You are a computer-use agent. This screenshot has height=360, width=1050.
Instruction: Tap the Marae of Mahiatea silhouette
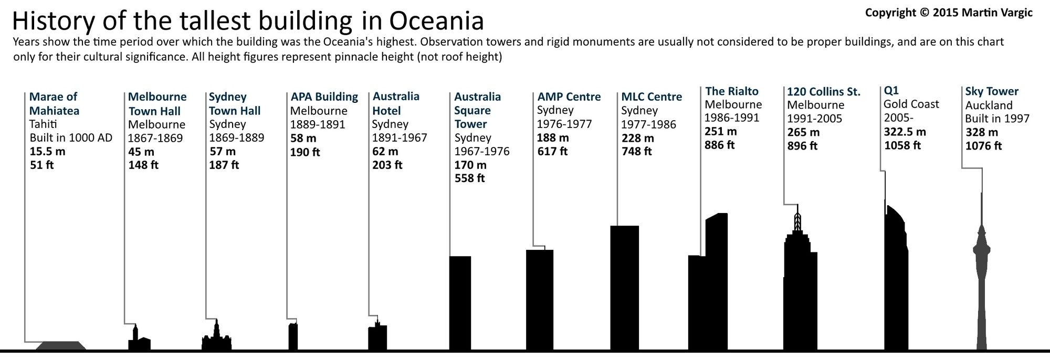pyautogui.click(x=60, y=345)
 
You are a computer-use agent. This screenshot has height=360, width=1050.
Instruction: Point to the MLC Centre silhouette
pyautogui.click(x=624, y=289)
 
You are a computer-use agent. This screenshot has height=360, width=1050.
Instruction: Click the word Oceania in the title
pyautogui.click(x=436, y=21)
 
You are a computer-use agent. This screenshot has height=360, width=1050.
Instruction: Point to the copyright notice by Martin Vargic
pyautogui.click(x=948, y=13)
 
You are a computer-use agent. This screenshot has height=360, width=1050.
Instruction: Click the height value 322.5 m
pyautogui.click(x=905, y=132)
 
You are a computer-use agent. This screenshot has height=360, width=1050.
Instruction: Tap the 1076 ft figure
pyautogui.click(x=983, y=146)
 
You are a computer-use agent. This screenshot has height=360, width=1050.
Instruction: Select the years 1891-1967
pyautogui.click(x=400, y=138)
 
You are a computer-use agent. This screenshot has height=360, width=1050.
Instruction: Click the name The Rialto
pyautogui.click(x=731, y=91)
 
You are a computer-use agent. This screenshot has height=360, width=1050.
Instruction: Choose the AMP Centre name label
pyautogui.click(x=569, y=97)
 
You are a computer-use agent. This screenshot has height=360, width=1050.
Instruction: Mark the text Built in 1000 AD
pyautogui.click(x=71, y=138)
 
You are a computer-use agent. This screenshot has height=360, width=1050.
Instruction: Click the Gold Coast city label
pyautogui.click(x=911, y=104)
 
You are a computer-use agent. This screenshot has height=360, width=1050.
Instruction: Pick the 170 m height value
pyautogui.click(x=470, y=165)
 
